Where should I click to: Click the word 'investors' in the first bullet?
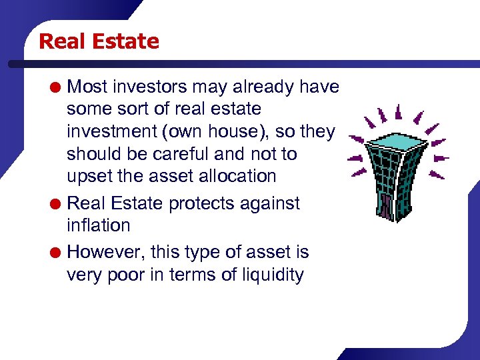point(149,87)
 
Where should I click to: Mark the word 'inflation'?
point(98,225)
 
